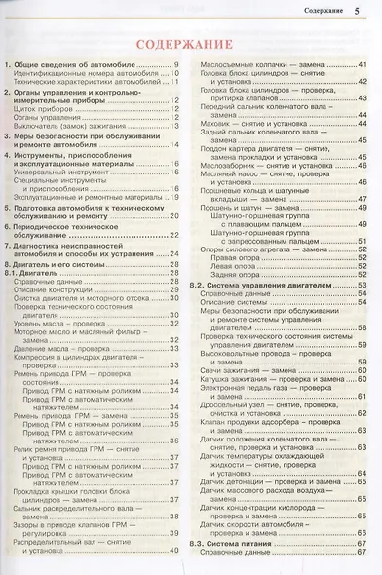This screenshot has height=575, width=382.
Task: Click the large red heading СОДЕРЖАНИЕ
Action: (191, 45)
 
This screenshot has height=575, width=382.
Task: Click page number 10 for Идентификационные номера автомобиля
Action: (173, 74)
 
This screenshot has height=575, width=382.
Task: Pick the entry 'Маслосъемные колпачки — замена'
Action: (253, 65)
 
